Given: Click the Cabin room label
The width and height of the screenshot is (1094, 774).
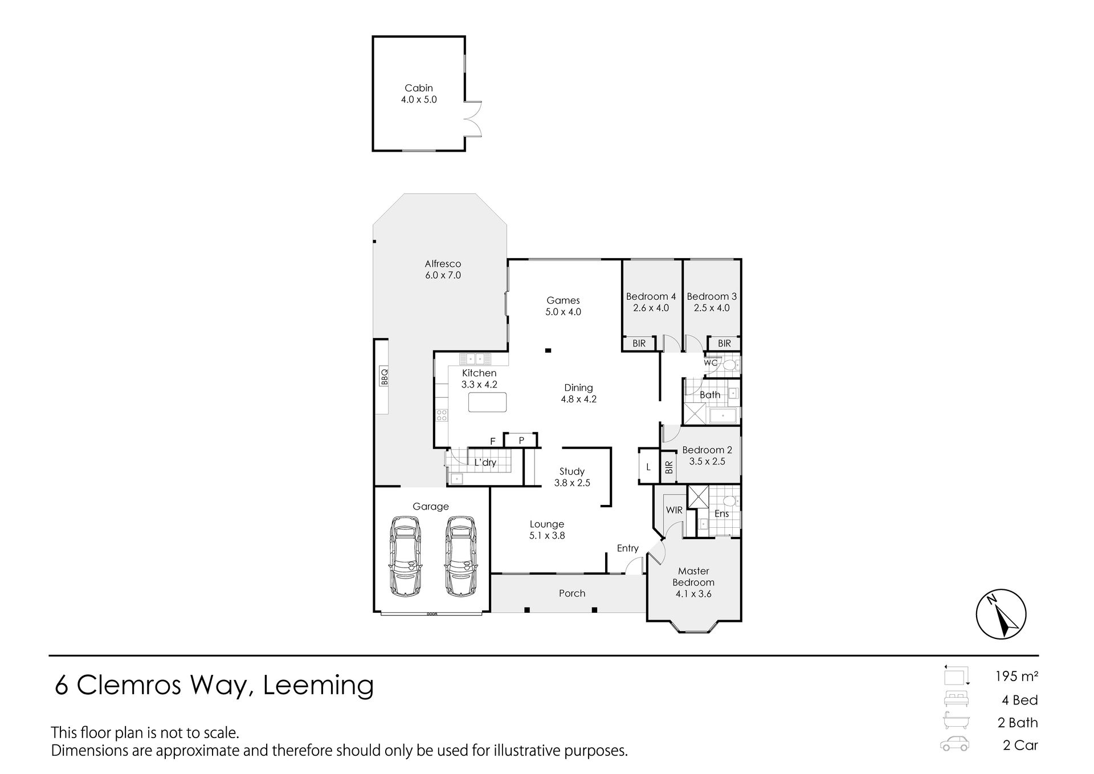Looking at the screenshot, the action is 419,88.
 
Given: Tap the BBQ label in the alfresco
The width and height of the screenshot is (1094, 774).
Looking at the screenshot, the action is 385,376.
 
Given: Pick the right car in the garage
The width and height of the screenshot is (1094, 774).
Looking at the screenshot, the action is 460,556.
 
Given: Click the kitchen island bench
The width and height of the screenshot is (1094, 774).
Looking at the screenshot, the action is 487,402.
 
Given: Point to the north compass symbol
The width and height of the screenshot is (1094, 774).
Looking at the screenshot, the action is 1001,614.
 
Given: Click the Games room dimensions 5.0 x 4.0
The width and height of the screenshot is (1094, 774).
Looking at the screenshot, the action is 563,312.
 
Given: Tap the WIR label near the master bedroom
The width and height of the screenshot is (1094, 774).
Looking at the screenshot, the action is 674,510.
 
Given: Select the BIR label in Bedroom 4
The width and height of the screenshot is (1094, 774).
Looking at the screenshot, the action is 639,343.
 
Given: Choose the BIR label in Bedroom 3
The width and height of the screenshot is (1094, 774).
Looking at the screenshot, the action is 724,343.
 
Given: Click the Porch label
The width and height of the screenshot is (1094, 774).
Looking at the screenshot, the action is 572,593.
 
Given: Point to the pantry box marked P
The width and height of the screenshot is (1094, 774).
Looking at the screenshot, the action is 521,440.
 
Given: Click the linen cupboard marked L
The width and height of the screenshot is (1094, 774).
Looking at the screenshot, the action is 648,467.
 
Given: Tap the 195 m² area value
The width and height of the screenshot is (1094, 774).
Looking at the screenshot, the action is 1017,677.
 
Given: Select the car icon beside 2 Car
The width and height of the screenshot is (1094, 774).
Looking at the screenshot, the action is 955,744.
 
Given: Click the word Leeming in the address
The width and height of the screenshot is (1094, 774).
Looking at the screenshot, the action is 318,686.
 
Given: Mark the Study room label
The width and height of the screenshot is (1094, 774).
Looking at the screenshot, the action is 572,471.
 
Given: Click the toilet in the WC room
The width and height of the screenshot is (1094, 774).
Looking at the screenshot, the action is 730,364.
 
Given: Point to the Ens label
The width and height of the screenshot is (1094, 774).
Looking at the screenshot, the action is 721,514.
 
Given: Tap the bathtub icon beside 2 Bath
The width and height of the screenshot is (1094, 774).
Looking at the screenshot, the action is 955,721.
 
